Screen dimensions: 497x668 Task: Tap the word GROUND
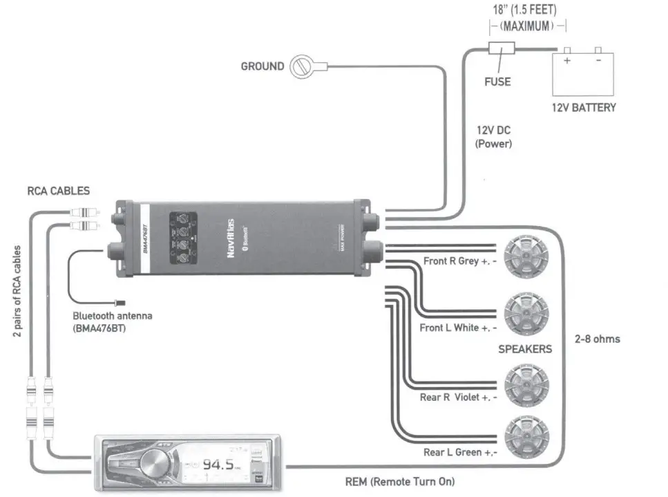(x=262, y=66)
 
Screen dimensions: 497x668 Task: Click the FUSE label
(x=497, y=82)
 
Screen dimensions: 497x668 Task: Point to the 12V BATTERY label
(x=584, y=108)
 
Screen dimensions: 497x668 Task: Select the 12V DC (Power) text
(x=493, y=137)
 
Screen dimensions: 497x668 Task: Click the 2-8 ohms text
(x=597, y=339)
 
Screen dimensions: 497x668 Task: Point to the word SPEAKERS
(x=525, y=349)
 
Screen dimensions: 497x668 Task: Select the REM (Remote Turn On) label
(x=399, y=481)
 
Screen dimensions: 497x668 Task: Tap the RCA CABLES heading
(x=58, y=191)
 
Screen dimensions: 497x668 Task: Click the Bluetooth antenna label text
(x=112, y=321)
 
